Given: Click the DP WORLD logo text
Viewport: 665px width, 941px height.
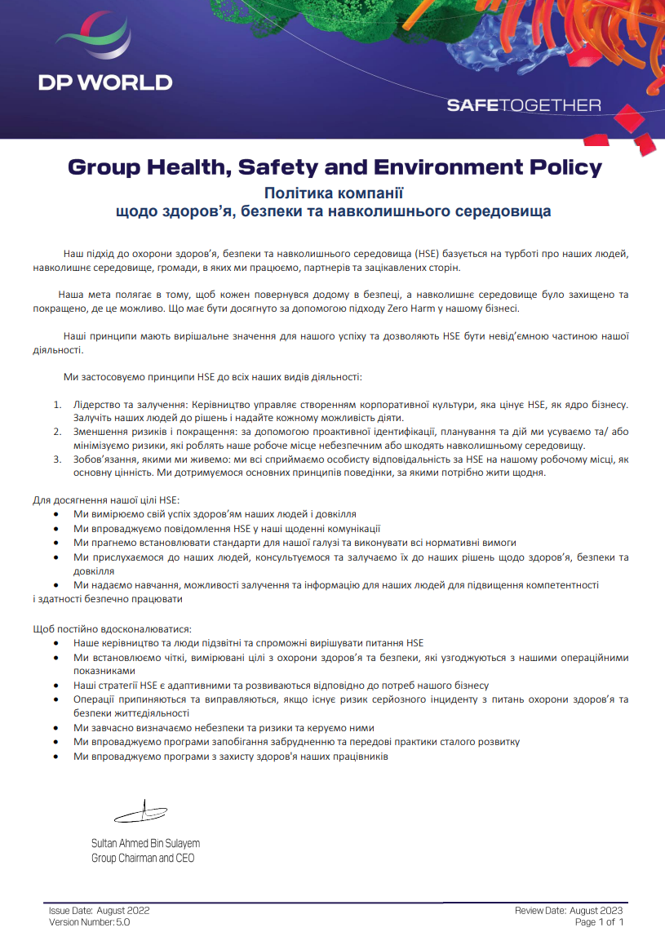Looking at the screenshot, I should [105, 82].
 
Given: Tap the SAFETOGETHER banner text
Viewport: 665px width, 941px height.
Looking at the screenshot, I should [524, 105].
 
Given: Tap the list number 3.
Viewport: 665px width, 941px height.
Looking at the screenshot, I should [57, 459].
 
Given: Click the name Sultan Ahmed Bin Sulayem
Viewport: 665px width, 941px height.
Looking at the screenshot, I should [145, 843].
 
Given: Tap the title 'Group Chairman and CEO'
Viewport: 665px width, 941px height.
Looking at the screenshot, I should [143, 858].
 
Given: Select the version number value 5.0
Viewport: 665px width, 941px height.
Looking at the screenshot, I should [122, 922].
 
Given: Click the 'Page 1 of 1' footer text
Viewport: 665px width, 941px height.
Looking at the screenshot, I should [599, 922].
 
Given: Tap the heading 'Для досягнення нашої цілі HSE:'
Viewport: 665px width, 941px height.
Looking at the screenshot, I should [105, 499].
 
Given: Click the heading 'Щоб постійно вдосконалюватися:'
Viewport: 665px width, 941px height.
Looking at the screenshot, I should [111, 629].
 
